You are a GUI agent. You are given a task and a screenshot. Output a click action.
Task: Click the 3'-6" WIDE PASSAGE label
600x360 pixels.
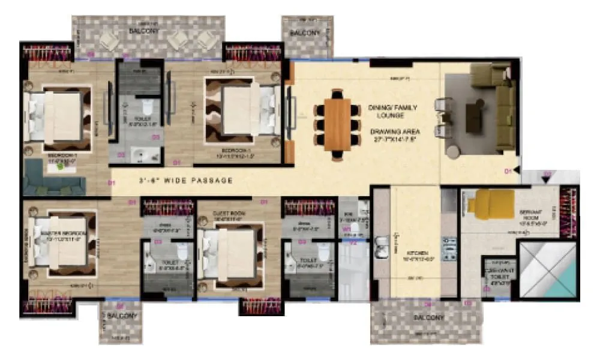186,179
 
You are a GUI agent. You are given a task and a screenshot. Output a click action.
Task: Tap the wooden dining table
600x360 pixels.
337,124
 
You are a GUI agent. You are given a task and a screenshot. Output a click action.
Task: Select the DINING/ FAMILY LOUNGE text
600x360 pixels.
392,112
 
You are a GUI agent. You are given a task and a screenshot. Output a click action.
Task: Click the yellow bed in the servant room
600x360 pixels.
491,204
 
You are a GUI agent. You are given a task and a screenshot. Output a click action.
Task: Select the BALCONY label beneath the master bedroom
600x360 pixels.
123,316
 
